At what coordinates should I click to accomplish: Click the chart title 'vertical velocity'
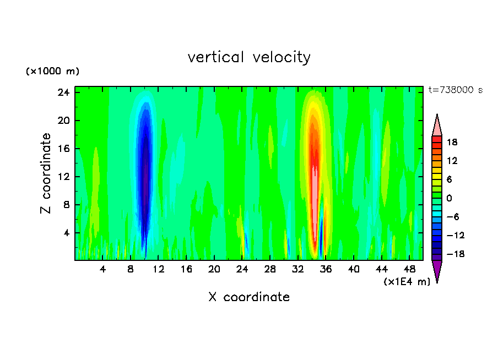pyautogui.click(x=249, y=57)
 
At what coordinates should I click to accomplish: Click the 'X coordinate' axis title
pyautogui.click(x=249, y=297)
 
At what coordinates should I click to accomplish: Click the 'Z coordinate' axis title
pyautogui.click(x=46, y=173)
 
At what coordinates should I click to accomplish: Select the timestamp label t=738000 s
pyautogui.click(x=455, y=90)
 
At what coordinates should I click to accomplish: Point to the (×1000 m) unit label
pyautogui.click(x=53, y=72)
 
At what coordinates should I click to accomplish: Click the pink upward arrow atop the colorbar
pyautogui.click(x=437, y=126)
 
